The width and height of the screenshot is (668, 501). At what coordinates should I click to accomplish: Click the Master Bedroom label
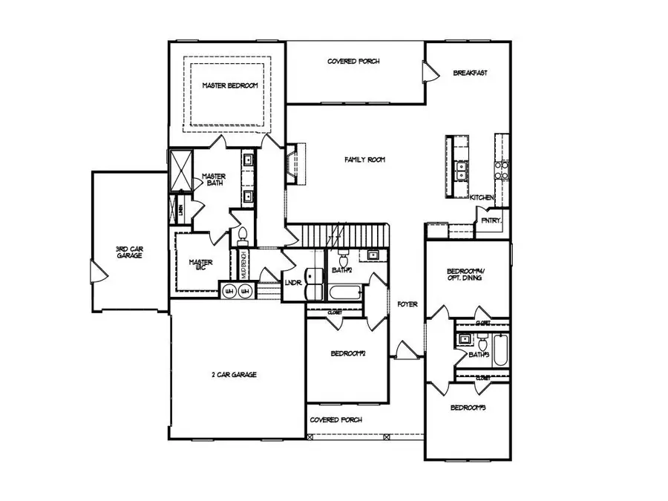click(230, 86)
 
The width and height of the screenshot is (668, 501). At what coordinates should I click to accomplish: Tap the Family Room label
click(364, 160)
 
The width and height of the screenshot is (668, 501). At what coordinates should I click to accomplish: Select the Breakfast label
click(470, 73)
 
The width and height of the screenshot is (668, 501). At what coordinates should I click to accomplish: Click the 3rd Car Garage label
click(128, 252)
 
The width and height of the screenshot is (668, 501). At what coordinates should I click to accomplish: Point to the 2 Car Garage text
click(233, 375)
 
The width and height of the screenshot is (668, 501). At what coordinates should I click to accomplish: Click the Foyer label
click(407, 304)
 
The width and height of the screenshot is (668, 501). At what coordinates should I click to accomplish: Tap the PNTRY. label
click(491, 220)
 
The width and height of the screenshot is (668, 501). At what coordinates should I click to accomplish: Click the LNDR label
click(292, 282)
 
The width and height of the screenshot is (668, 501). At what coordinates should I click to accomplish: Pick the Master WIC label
click(200, 265)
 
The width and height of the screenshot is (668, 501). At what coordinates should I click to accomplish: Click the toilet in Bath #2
click(342, 259)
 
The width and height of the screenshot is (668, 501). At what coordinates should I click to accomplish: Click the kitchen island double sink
click(462, 172)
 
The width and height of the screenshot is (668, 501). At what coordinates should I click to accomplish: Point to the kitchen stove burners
click(502, 172)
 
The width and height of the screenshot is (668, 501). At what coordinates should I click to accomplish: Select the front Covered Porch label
click(336, 419)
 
